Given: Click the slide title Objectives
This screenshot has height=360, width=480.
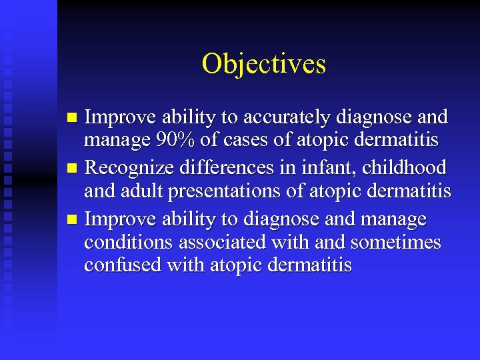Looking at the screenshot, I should (x=264, y=64).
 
